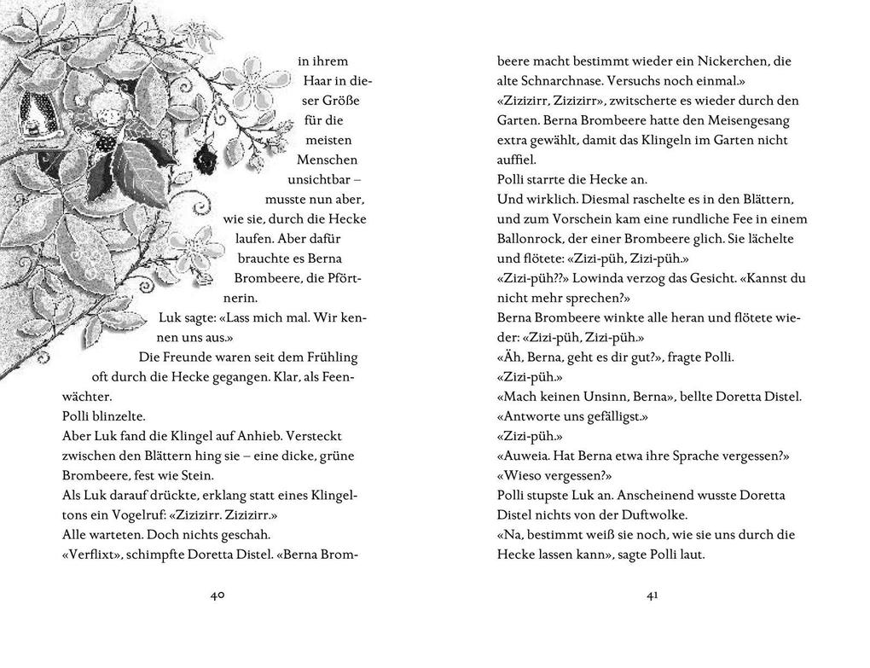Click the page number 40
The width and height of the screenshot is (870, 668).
[x=217, y=595]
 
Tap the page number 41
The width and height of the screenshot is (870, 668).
[x=652, y=595]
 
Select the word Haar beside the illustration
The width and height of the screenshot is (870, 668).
[x=314, y=81]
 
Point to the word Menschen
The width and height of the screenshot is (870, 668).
[x=327, y=160]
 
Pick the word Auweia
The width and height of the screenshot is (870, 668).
[x=523, y=456]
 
